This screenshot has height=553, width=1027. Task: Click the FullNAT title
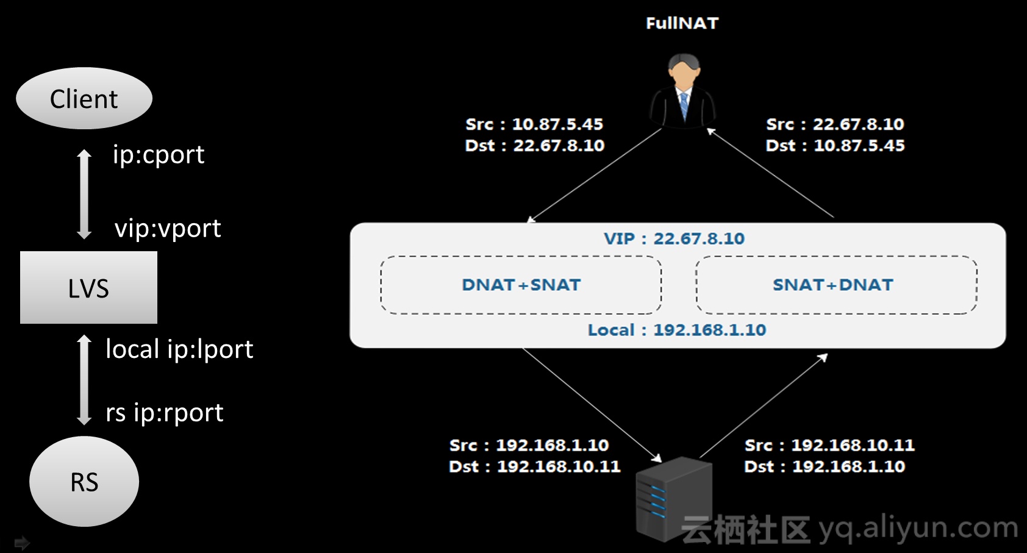[x=682, y=23]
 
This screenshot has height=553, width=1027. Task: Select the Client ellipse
[x=84, y=98]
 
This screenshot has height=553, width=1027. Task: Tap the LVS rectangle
[x=88, y=288]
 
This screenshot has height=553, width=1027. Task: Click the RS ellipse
[x=84, y=482]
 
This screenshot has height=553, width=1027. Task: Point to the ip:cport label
[x=159, y=155]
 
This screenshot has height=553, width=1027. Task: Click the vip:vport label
[x=168, y=229]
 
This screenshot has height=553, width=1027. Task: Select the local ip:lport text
[x=179, y=349]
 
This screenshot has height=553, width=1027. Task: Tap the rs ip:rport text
[x=165, y=413]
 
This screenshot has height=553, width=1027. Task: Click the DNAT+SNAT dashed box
[x=521, y=285]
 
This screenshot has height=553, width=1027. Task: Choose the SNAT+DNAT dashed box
[x=836, y=285]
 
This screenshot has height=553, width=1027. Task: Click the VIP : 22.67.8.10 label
[x=674, y=238]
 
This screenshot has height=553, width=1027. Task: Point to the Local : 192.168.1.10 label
[x=676, y=330]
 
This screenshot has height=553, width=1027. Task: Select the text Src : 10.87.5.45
[x=534, y=124]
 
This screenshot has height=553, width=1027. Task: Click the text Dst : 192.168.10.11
[x=534, y=466]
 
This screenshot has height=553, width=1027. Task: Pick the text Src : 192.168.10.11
[x=829, y=445]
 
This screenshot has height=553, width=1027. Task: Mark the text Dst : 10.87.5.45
[x=835, y=146]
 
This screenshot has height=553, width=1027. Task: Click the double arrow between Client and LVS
[x=84, y=194]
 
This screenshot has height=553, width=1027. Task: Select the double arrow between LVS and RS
[x=84, y=379]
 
